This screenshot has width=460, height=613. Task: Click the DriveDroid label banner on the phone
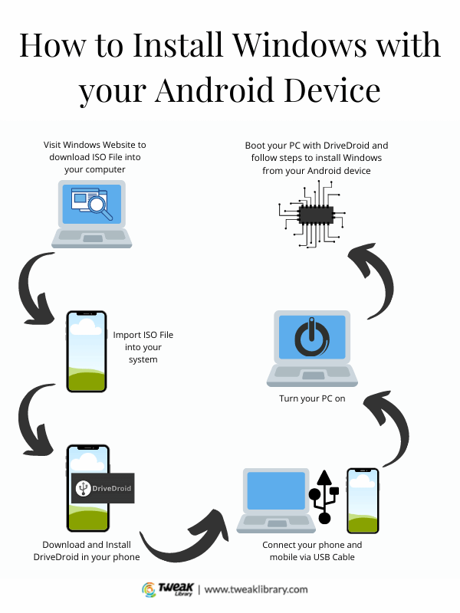click(x=102, y=487)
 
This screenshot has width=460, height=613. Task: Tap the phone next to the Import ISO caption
click(x=86, y=352)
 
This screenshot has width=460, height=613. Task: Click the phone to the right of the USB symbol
click(x=362, y=500)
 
